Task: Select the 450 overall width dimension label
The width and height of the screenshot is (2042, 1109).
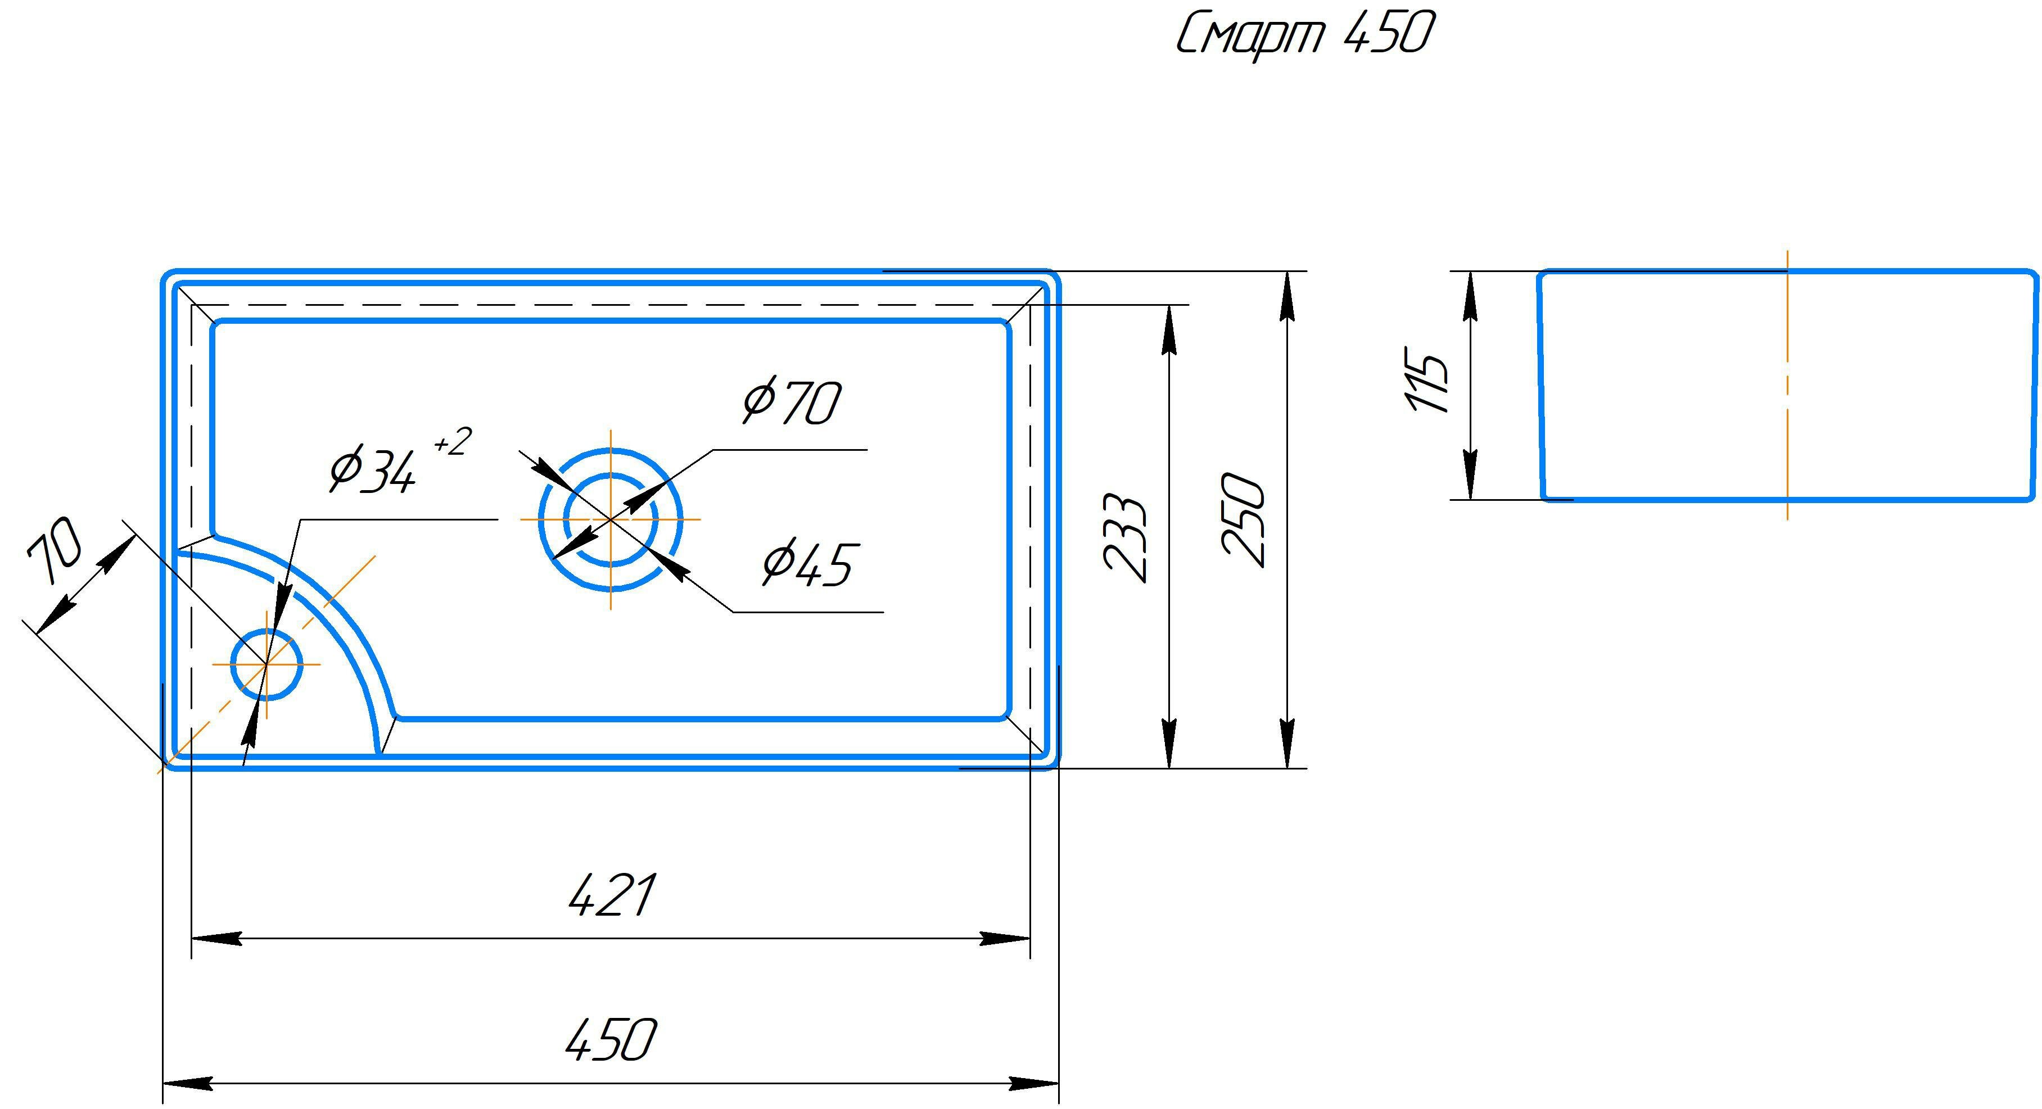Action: point(611,1039)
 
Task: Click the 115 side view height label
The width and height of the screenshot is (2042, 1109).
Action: point(1427,379)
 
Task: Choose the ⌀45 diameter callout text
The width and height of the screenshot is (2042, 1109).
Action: point(807,564)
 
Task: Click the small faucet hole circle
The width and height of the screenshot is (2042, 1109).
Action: point(266,664)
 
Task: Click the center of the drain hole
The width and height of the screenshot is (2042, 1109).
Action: point(611,519)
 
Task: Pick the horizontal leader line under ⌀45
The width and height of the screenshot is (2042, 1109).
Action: point(808,612)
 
